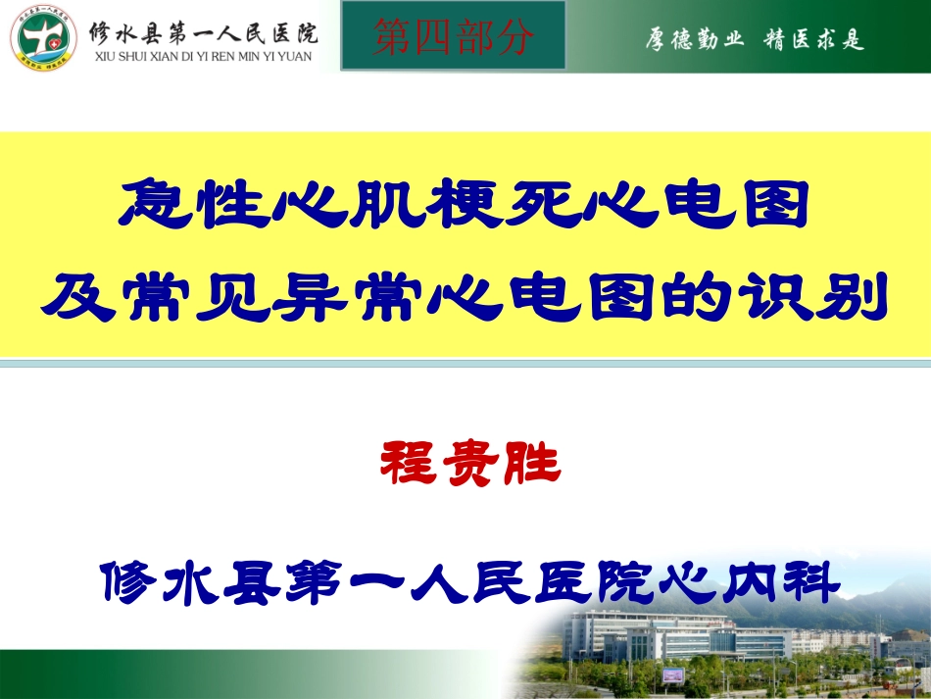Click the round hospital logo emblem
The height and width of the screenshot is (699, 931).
coord(41,37)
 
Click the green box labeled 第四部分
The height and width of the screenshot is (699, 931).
coord(454,36)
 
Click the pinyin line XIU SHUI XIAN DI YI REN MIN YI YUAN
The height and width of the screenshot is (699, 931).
coord(203,57)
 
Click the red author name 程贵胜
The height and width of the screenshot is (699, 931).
coord(469,464)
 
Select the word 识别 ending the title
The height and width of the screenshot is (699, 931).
coord(831,298)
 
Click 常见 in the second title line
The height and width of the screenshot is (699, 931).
coord(207,298)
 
